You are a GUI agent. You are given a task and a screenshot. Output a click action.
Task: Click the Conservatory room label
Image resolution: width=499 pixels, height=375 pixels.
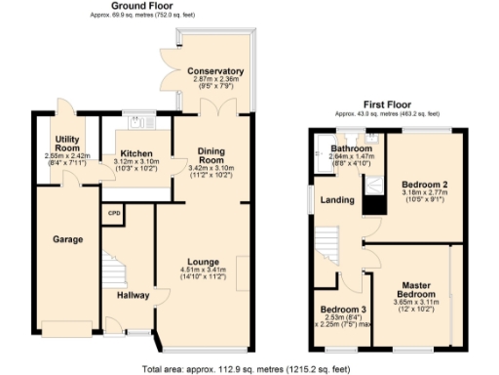pos(216,71)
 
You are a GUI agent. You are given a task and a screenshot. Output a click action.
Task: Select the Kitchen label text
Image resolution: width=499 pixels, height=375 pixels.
pos(135,152)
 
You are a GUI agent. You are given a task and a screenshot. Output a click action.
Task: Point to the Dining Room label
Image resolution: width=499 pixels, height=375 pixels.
pos(211,155)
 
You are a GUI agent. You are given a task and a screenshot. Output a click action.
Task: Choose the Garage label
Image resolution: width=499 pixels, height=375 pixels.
pos(67,239)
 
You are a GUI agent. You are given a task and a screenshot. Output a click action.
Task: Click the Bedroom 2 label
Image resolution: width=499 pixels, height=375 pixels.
pos(424,185)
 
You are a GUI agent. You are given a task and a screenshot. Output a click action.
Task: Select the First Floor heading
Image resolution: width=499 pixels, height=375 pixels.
pos(387,104)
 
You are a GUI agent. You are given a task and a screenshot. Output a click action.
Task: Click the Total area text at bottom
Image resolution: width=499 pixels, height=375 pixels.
pos(245,368)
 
